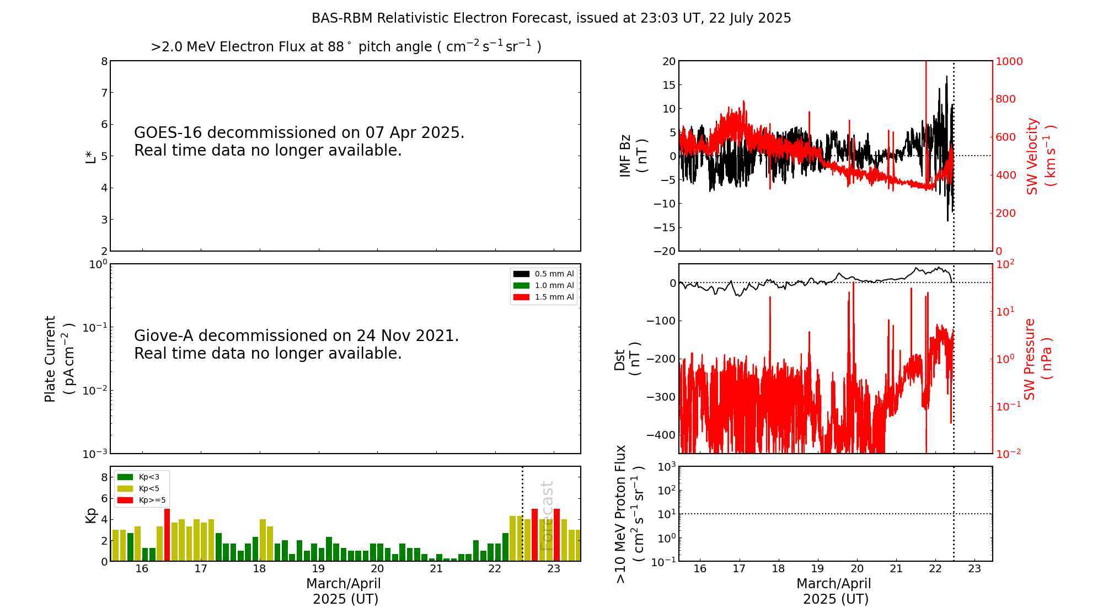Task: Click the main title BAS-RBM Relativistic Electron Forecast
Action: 551,18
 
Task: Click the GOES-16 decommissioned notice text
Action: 299,141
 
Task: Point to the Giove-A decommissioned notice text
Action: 296,344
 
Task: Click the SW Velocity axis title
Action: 1040,156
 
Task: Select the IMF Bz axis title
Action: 633,156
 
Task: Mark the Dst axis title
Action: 627,359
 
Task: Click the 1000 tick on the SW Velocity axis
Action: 1009,61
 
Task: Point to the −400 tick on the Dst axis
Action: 661,435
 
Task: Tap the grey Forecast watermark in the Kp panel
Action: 546,515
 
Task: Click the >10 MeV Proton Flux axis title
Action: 629,514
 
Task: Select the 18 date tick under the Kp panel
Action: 259,569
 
